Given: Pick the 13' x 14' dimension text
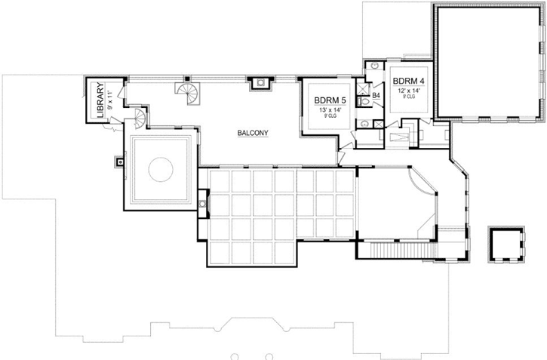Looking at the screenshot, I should tap(329, 109).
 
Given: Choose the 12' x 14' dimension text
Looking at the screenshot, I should tap(408, 91).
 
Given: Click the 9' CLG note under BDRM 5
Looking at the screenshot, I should tap(329, 116).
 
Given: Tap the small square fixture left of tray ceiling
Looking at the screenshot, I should tap(119, 160).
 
